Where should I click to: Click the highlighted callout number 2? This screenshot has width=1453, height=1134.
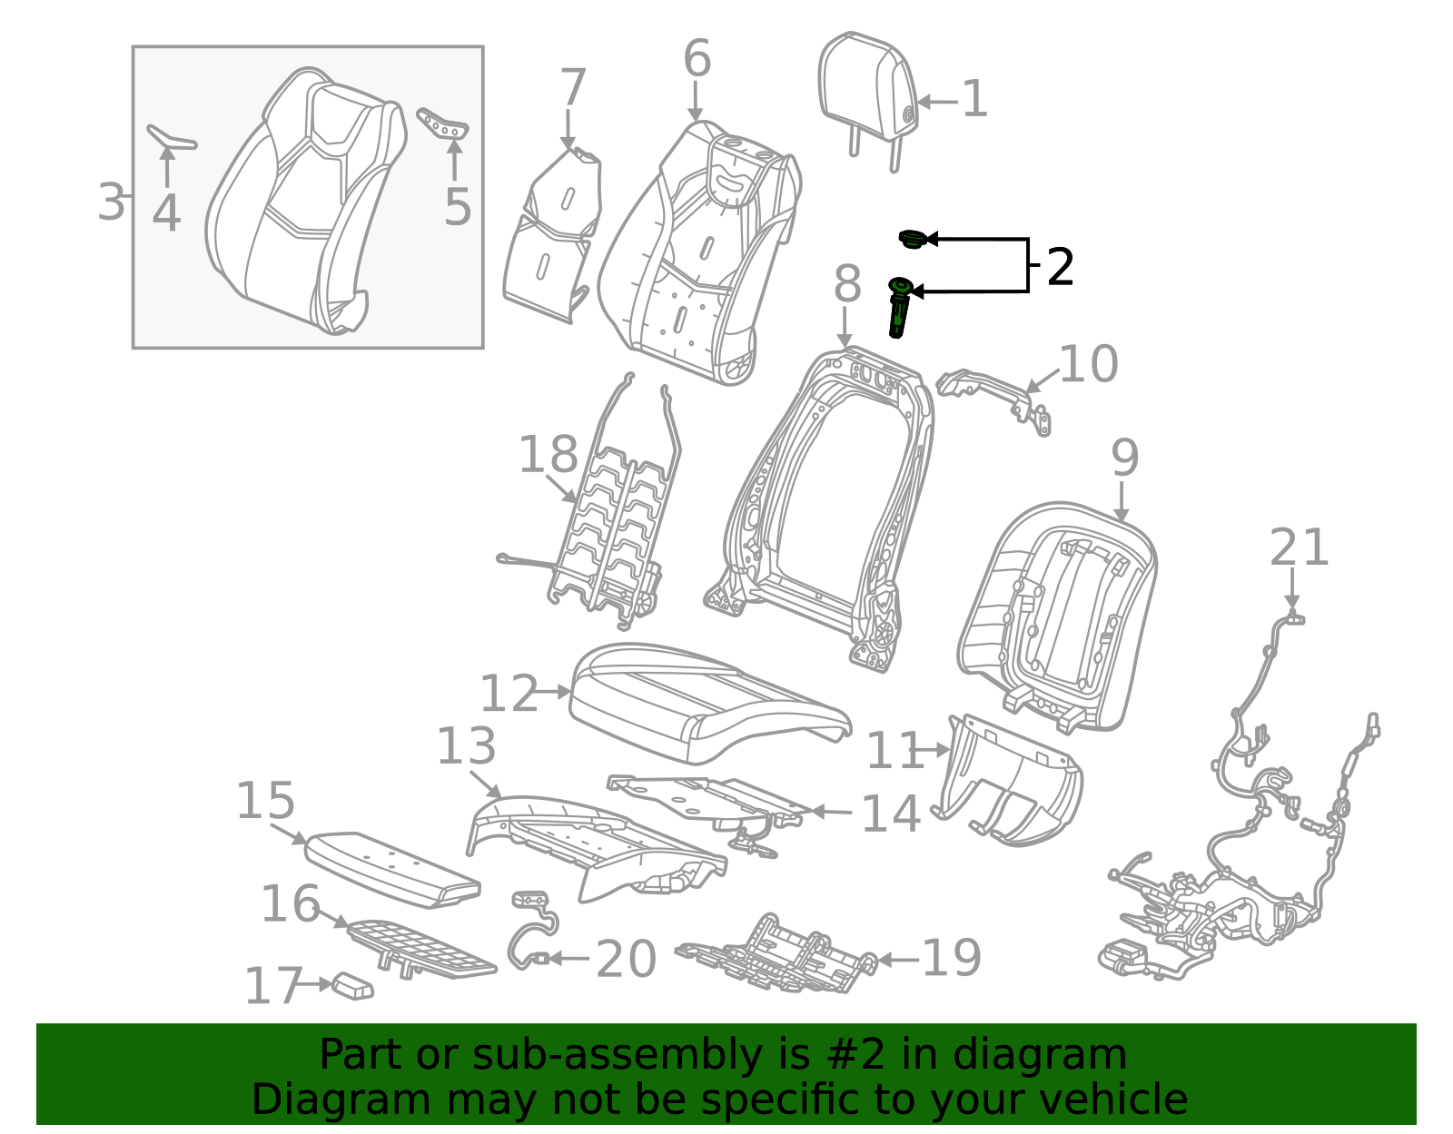(1060, 267)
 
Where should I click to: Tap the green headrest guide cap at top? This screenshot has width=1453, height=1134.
(912, 239)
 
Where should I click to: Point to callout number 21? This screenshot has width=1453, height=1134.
(1299, 548)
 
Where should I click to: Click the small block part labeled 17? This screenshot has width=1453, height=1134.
(353, 986)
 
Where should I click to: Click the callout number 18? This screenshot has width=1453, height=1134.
(548, 454)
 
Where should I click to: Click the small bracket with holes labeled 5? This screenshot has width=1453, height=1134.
(443, 123)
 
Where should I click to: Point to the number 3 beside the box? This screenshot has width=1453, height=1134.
(111, 202)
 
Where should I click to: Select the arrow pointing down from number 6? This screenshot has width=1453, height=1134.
(696, 100)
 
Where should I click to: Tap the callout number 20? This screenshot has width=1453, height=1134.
(626, 959)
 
